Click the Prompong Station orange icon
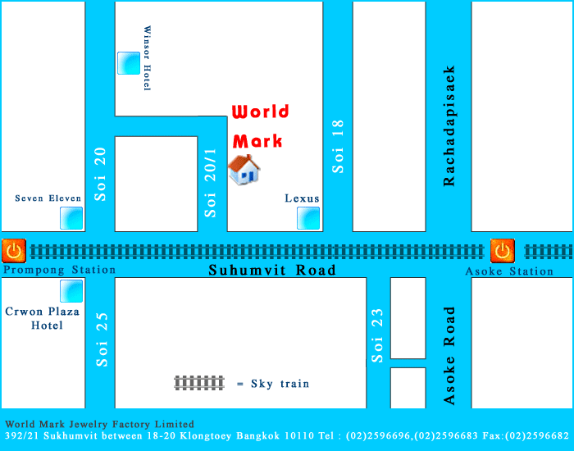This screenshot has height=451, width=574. point(13,250)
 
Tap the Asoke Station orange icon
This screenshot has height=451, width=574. point(502,250)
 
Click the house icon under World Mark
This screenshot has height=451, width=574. point(244,170)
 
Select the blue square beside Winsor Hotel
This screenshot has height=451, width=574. point(129,63)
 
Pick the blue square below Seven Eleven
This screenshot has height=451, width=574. point(71,218)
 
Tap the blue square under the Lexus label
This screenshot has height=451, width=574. point(308,218)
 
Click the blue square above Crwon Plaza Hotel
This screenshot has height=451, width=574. point(71,291)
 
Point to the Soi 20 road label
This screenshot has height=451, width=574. point(100,173)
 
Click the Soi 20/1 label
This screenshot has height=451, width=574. point(212,182)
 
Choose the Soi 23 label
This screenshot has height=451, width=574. point(377,335)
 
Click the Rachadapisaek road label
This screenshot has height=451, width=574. point(449,125)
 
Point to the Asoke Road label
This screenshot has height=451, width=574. point(449,355)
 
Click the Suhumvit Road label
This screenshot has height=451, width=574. point(272,270)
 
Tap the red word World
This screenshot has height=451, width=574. point(260,112)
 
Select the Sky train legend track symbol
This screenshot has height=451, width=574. point(199,382)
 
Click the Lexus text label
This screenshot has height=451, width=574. point(302,198)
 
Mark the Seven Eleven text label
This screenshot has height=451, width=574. point(48,198)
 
